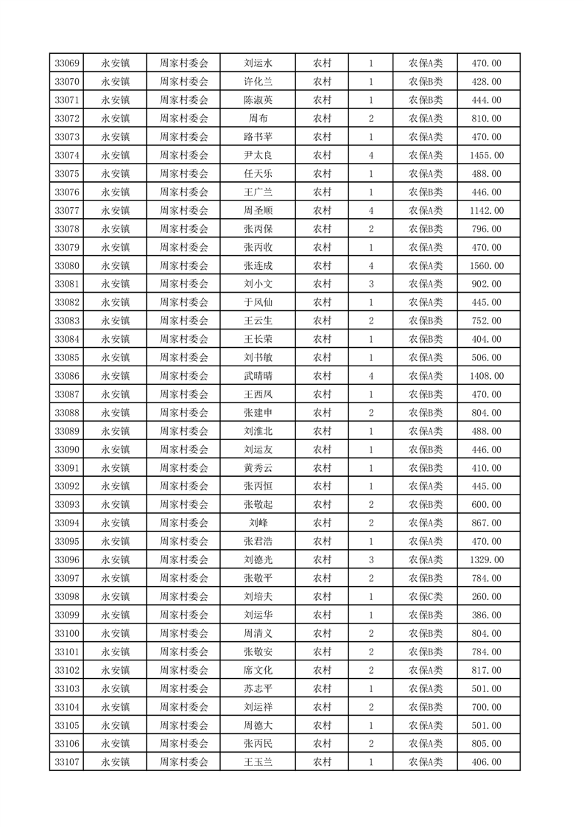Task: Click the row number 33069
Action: click(67, 63)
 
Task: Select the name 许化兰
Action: click(258, 82)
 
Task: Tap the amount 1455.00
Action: click(486, 156)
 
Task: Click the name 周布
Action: click(258, 119)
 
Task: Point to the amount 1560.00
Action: click(486, 266)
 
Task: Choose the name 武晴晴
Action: click(258, 376)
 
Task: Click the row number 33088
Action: click(67, 413)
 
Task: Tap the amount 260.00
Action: click(486, 597)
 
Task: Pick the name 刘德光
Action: click(258, 560)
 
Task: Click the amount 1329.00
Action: click(486, 560)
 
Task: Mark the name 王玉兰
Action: click(258, 762)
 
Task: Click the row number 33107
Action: click(67, 762)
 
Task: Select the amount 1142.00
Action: click(486, 211)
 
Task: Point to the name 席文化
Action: click(258, 671)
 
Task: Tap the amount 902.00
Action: click(486, 285)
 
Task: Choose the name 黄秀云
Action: click(258, 468)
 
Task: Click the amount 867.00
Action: click(486, 523)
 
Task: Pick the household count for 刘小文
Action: click(370, 285)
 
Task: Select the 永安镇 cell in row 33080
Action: click(115, 266)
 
